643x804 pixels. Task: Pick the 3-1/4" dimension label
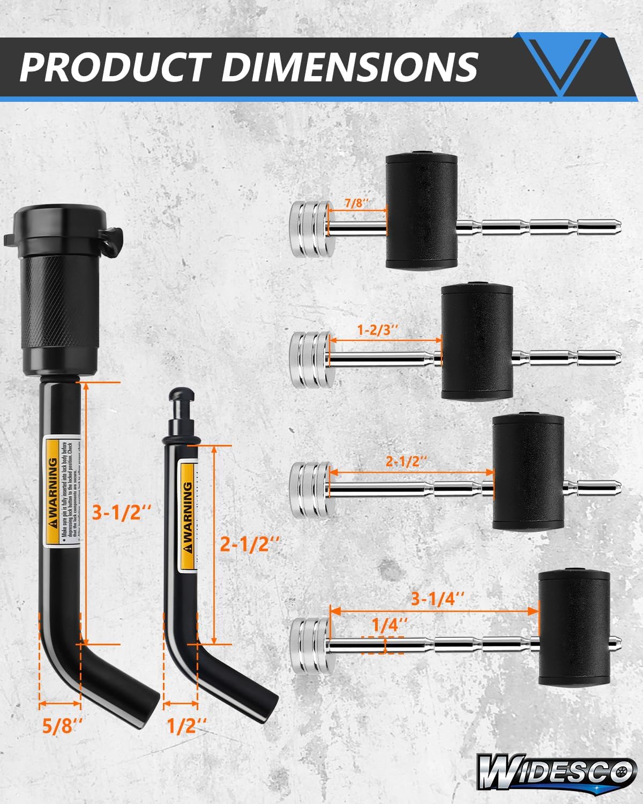(437, 599)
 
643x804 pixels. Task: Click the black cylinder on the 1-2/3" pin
(477, 341)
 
